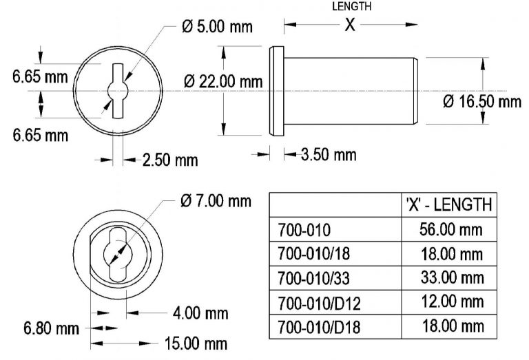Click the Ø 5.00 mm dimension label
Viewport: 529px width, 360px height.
[216, 27]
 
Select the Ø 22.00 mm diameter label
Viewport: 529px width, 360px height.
[224, 81]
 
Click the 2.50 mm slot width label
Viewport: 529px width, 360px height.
[169, 160]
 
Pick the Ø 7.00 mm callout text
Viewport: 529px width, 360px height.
[215, 201]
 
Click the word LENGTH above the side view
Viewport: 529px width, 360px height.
[351, 6]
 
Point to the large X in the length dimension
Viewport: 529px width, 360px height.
[350, 25]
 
